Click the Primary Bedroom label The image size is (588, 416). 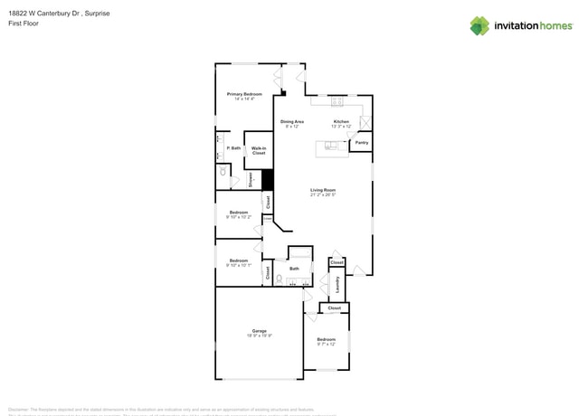coord(244,94)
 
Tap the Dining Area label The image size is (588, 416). coord(291,121)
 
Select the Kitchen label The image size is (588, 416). coord(341,121)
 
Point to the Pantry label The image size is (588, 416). coord(361,143)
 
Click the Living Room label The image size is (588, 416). coord(323,190)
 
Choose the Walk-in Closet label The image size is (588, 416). coord(259,150)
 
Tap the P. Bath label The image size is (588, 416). coord(233,148)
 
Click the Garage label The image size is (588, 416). coord(260,331)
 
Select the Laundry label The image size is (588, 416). coord(337,284)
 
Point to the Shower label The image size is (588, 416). coord(251,180)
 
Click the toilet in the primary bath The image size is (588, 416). coord(223,171)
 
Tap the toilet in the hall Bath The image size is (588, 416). coord(280,279)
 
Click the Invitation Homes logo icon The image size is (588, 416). coord(479,26)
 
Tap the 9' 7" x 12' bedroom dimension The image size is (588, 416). coord(326,344)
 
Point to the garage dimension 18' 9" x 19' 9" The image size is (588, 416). coord(260,336)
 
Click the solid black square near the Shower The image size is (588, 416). coord(267,179)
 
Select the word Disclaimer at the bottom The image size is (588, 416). coord(22,409)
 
